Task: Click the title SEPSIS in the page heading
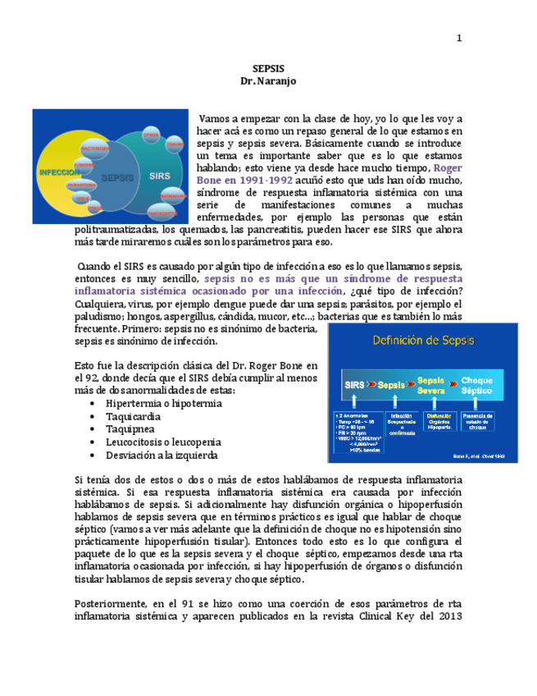click(268, 69)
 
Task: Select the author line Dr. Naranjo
click(268, 81)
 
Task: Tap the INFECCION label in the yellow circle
click(59, 174)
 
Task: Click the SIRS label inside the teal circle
click(161, 176)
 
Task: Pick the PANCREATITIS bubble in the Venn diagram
click(164, 213)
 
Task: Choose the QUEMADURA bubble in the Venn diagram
click(173, 197)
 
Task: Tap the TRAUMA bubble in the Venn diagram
click(175, 145)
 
